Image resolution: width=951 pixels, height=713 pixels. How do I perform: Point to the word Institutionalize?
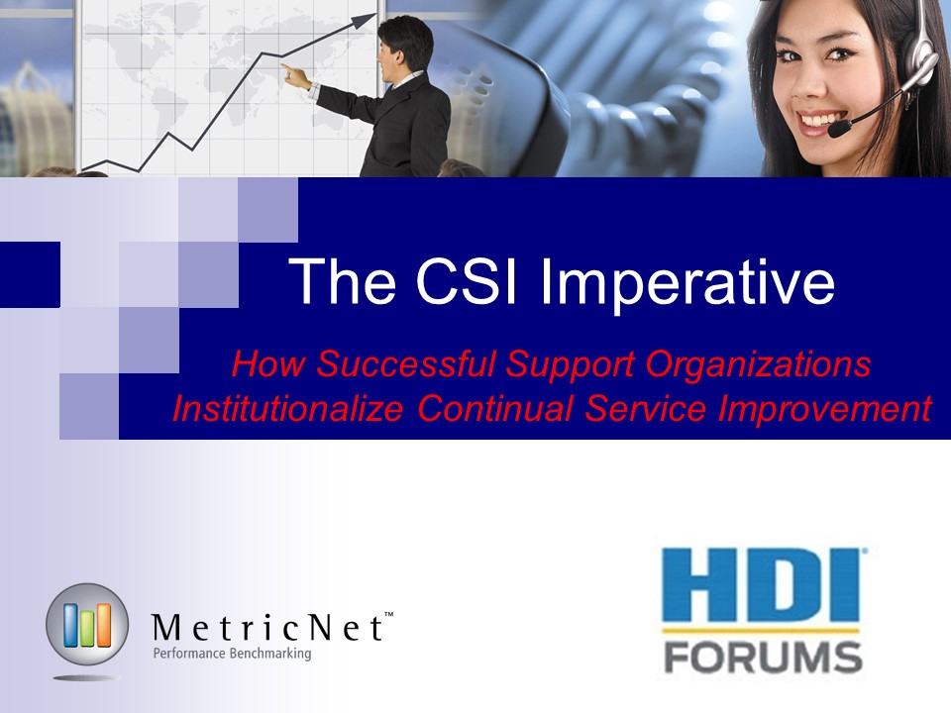click(287, 408)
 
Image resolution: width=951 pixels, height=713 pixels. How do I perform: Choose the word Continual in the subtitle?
click(495, 408)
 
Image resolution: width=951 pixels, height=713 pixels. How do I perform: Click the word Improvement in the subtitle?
click(825, 409)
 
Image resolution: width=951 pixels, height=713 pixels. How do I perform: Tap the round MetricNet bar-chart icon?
click(87, 625)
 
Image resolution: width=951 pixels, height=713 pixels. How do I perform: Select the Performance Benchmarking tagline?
click(232, 654)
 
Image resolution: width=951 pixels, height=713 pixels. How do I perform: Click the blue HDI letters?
click(761, 585)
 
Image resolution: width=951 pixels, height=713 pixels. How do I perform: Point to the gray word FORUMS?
click(763, 658)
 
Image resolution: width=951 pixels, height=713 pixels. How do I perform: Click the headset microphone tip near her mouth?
click(839, 128)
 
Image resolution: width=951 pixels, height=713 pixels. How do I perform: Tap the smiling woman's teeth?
click(818, 118)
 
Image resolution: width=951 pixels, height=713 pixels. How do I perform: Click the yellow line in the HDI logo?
click(761, 631)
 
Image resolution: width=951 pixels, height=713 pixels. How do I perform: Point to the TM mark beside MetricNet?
click(388, 615)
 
